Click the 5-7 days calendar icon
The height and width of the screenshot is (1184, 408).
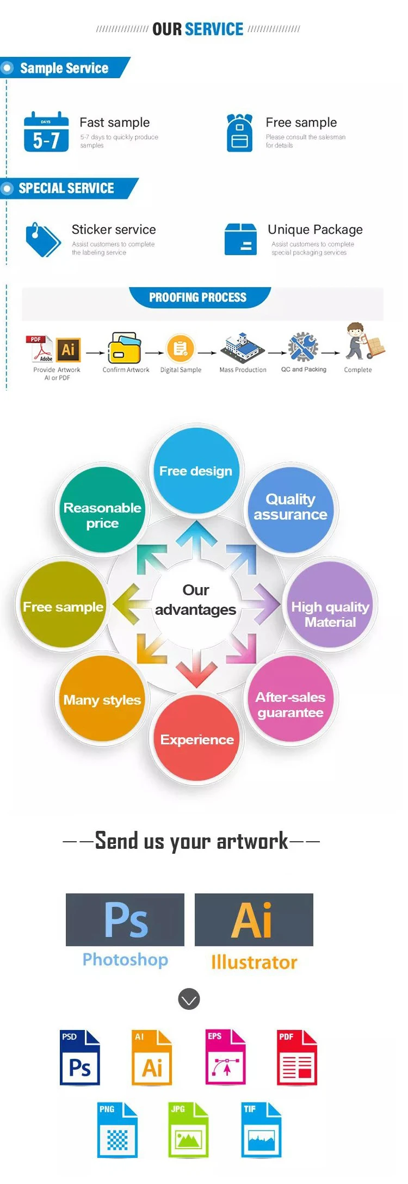[x=46, y=132]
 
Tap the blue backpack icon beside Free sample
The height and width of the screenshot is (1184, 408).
[x=239, y=133]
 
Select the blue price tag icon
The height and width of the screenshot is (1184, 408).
[x=43, y=239]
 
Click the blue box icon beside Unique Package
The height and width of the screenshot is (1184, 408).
[x=240, y=239]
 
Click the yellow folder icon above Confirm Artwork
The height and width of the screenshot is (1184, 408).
[x=125, y=348]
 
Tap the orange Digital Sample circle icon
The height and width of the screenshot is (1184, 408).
[x=181, y=349]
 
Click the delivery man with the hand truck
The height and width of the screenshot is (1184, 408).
[x=363, y=341]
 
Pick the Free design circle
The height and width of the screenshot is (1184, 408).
[x=196, y=471]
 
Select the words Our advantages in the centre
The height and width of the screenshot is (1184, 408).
[x=196, y=600]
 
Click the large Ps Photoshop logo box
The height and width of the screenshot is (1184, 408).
[x=125, y=919]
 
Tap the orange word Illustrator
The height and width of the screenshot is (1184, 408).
[x=254, y=962]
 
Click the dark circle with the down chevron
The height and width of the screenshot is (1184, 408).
[x=189, y=999]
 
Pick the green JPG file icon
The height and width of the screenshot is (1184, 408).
[x=188, y=1130]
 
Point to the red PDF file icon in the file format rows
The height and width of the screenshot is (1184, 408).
[x=297, y=1057]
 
